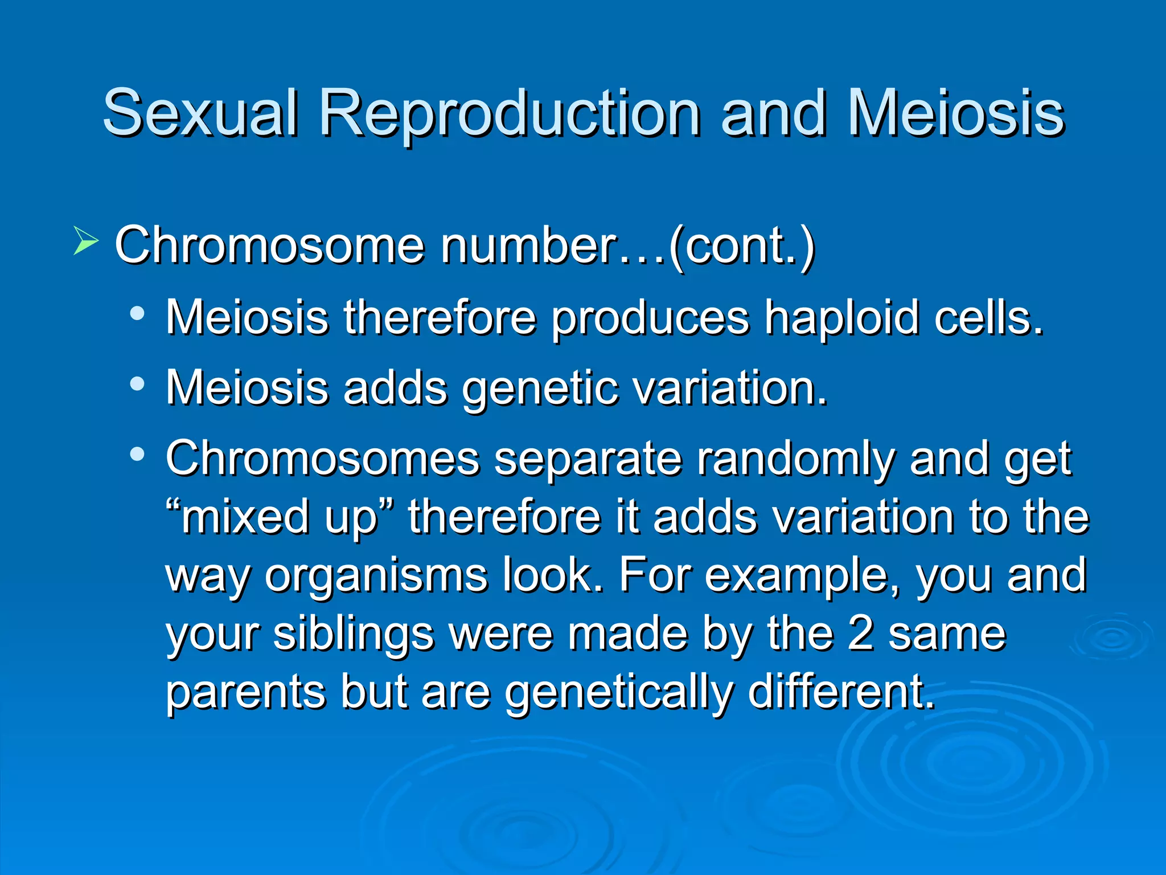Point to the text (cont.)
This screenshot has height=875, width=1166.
(742, 246)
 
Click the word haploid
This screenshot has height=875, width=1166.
(841, 317)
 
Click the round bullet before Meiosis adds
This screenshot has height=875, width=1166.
(137, 384)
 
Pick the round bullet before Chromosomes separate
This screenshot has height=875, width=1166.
(137, 455)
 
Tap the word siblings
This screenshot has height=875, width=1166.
(354, 635)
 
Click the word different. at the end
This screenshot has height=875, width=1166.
(841, 692)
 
